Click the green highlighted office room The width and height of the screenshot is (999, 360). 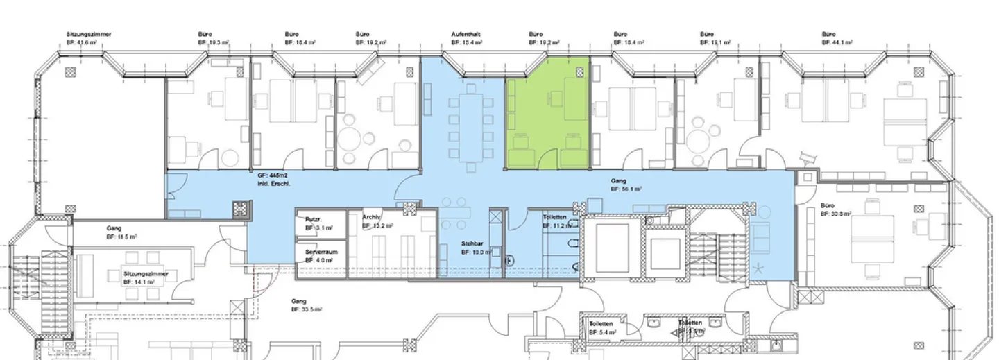pyautogui.click(x=548, y=114)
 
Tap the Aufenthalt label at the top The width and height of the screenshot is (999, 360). pyautogui.click(x=466, y=35)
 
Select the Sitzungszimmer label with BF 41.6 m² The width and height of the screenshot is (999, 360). pyautogui.click(x=89, y=35)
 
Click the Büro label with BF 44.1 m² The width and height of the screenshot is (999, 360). pyautogui.click(x=828, y=35)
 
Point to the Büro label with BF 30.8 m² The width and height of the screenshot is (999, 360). pyautogui.click(x=827, y=206)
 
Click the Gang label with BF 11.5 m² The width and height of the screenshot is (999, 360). pyautogui.click(x=114, y=228)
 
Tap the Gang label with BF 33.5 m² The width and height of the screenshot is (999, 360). pyautogui.click(x=299, y=302)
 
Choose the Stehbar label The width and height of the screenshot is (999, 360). pyautogui.click(x=473, y=244)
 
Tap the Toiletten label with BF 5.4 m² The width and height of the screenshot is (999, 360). pyautogui.click(x=601, y=324)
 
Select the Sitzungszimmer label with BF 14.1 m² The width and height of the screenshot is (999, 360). pyautogui.click(x=146, y=275)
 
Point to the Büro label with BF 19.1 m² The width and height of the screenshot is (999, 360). pyautogui.click(x=706, y=35)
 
